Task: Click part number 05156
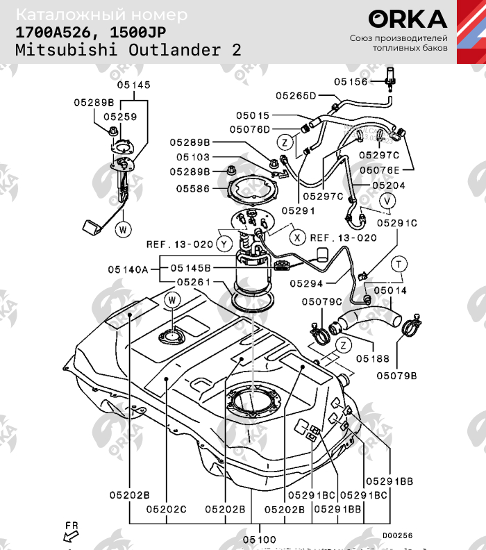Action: (x=350, y=81)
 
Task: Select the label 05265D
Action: (x=296, y=96)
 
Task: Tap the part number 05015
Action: (x=251, y=115)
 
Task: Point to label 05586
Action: (x=193, y=188)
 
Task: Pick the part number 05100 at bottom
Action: (x=259, y=540)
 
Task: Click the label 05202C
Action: (x=166, y=509)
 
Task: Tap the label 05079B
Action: (x=397, y=375)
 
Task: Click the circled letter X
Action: (x=297, y=237)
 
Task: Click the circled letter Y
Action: (x=223, y=244)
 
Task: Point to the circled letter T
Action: (x=399, y=263)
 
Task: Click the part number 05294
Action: (x=307, y=283)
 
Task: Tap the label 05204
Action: (x=389, y=186)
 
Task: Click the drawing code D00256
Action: (x=397, y=535)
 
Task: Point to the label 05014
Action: (x=390, y=290)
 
